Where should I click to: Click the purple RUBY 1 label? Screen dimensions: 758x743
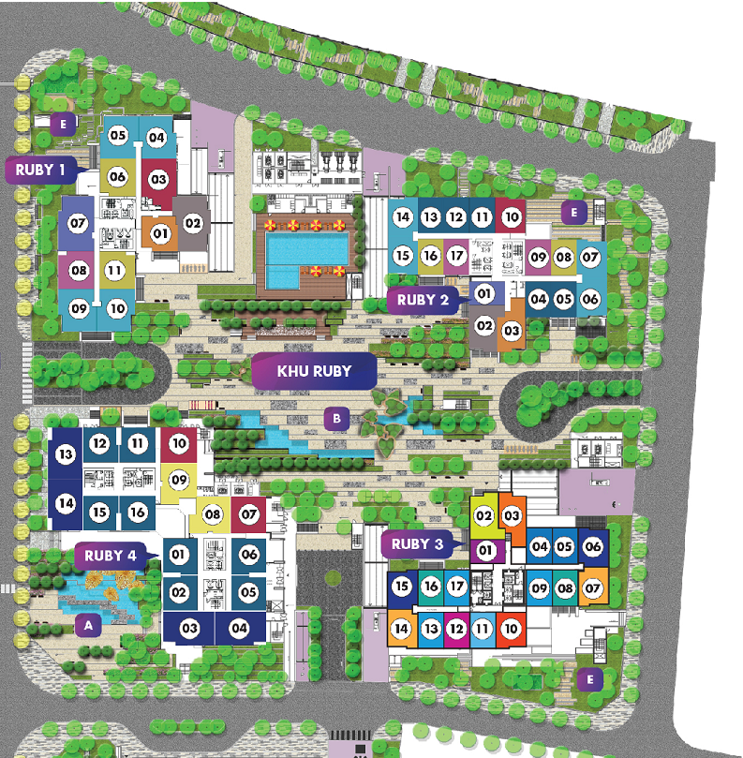point(41,171)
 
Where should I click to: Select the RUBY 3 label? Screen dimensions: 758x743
point(418,543)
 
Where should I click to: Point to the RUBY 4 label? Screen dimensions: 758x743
point(111,555)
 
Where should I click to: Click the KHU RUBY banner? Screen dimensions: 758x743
point(314,371)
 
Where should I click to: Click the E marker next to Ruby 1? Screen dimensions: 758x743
point(64,123)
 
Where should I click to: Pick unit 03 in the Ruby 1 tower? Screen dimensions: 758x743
point(157,178)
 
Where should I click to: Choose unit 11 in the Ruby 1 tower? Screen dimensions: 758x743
point(114,271)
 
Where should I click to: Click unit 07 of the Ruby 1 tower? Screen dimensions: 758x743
point(77,224)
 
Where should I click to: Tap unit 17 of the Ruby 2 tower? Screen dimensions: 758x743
point(456,255)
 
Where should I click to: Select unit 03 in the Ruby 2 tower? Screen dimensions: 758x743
point(512,330)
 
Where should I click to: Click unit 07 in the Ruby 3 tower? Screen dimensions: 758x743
point(592,588)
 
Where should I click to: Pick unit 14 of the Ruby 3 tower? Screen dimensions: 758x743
point(401,628)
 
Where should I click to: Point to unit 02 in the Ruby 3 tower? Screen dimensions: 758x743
point(483,515)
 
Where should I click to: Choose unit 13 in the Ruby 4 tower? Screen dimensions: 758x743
point(65,455)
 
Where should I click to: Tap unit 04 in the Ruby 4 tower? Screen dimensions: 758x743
point(239,628)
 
